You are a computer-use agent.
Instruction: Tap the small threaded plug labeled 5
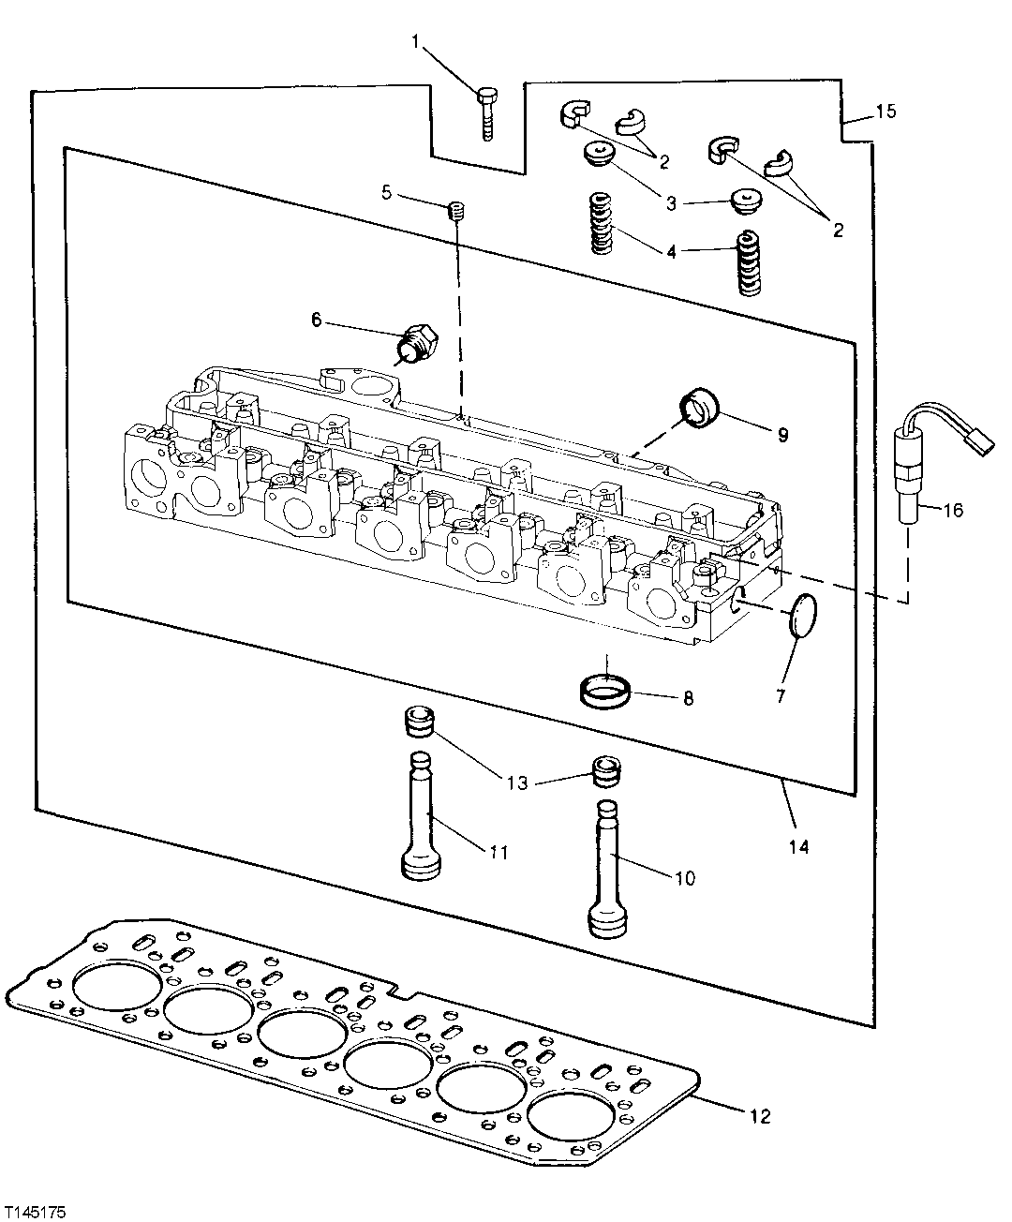[x=456, y=211]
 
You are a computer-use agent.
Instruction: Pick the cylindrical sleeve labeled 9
[x=699, y=409]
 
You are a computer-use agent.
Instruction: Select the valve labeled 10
[x=608, y=867]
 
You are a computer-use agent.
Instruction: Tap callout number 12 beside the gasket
[x=759, y=1116]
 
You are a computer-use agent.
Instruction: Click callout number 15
[x=885, y=112]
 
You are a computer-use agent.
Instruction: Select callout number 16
[x=952, y=510]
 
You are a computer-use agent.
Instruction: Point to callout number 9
[x=781, y=435]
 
